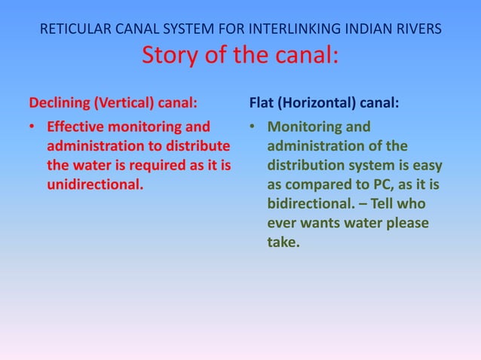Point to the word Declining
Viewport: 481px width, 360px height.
tap(58, 102)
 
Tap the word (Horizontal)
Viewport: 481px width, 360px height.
tap(315, 102)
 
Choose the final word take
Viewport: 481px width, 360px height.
tap(283, 243)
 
